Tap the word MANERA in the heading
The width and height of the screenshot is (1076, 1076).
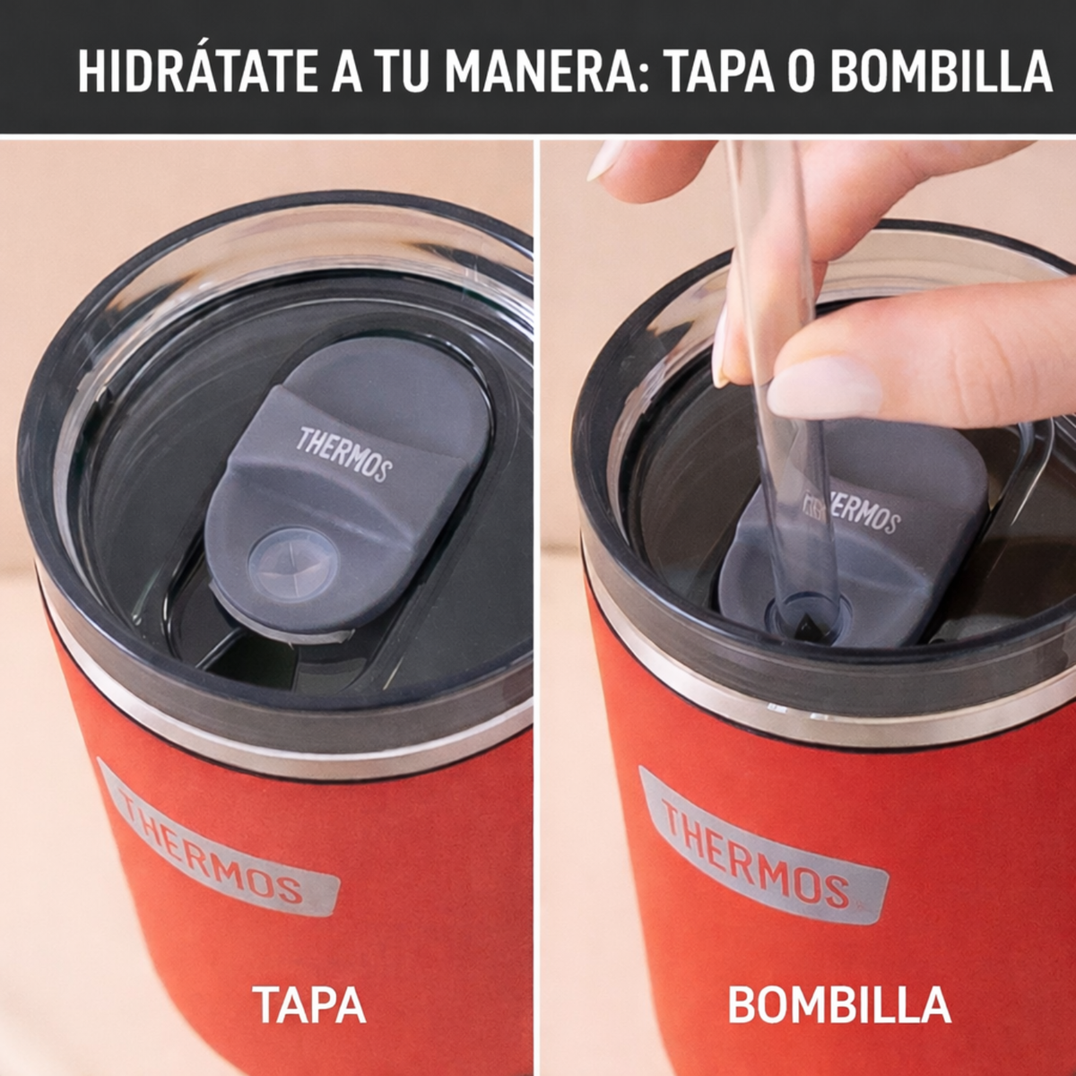(541, 73)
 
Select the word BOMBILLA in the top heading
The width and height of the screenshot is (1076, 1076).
(941, 73)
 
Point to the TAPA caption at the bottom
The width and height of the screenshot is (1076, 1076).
(309, 1005)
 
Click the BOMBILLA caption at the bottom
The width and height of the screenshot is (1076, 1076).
(839, 1005)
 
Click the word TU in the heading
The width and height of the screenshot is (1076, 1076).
(401, 73)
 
